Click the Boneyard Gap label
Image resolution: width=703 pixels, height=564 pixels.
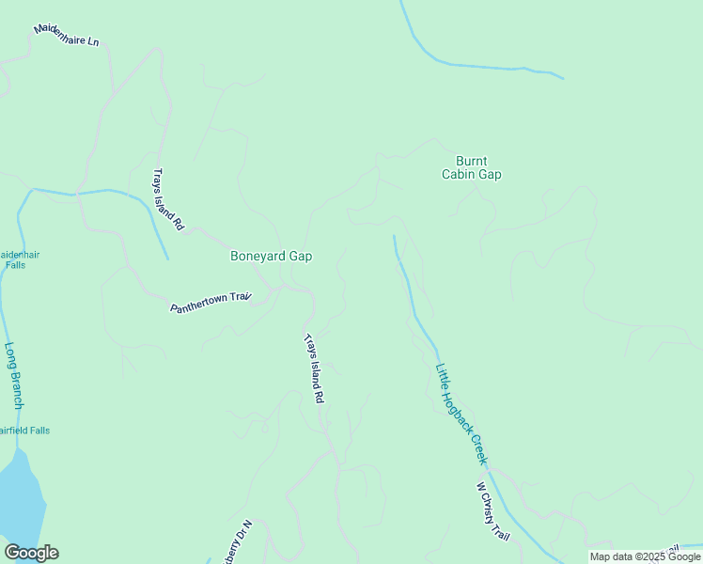(x=271, y=256)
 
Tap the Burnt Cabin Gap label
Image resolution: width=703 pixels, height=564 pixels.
(x=472, y=167)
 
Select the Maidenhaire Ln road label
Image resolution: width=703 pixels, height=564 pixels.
(x=66, y=35)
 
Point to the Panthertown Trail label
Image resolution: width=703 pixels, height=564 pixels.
(x=211, y=303)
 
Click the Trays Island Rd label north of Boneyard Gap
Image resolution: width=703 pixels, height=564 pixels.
(x=167, y=200)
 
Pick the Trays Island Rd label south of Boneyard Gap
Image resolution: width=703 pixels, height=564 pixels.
(x=314, y=368)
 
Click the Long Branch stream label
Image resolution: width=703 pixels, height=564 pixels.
(x=13, y=374)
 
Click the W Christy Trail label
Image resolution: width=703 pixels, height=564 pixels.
(x=492, y=512)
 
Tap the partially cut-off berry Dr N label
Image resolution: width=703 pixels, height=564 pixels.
(x=237, y=542)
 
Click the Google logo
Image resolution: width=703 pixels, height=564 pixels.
(x=31, y=553)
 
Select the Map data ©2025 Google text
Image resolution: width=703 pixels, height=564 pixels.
(x=646, y=556)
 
